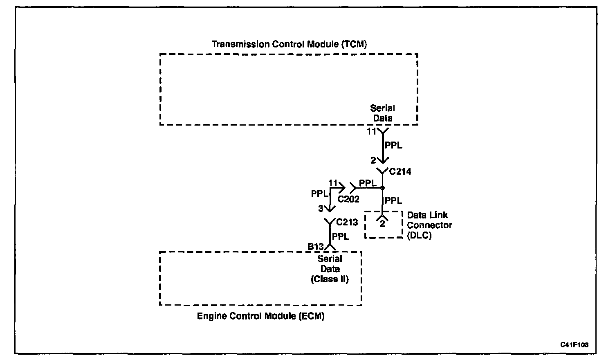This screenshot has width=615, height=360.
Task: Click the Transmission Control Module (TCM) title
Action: (x=289, y=44)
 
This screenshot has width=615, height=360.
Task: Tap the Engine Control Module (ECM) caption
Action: (x=260, y=316)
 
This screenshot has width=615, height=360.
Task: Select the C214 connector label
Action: (x=400, y=171)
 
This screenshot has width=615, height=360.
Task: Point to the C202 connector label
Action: (x=348, y=199)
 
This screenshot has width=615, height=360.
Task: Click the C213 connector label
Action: (x=347, y=222)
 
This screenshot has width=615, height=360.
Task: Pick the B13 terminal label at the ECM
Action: (x=315, y=247)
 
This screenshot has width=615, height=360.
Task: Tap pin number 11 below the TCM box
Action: (x=371, y=132)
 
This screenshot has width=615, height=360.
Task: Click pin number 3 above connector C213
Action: (x=321, y=209)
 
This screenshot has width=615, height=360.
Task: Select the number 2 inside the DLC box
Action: (x=383, y=224)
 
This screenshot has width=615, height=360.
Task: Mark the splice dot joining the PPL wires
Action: (x=382, y=188)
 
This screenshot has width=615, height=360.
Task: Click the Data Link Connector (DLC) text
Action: (x=429, y=225)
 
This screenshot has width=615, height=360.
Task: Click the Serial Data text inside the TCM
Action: (x=382, y=113)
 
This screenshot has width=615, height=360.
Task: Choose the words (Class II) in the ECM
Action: (x=330, y=279)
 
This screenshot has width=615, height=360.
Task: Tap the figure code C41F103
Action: (x=574, y=345)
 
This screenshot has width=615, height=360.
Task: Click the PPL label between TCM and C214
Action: (x=393, y=145)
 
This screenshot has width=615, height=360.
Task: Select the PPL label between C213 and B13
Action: (x=341, y=236)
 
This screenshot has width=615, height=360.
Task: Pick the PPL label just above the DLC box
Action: (x=393, y=200)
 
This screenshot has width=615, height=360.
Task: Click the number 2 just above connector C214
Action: (x=373, y=161)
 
